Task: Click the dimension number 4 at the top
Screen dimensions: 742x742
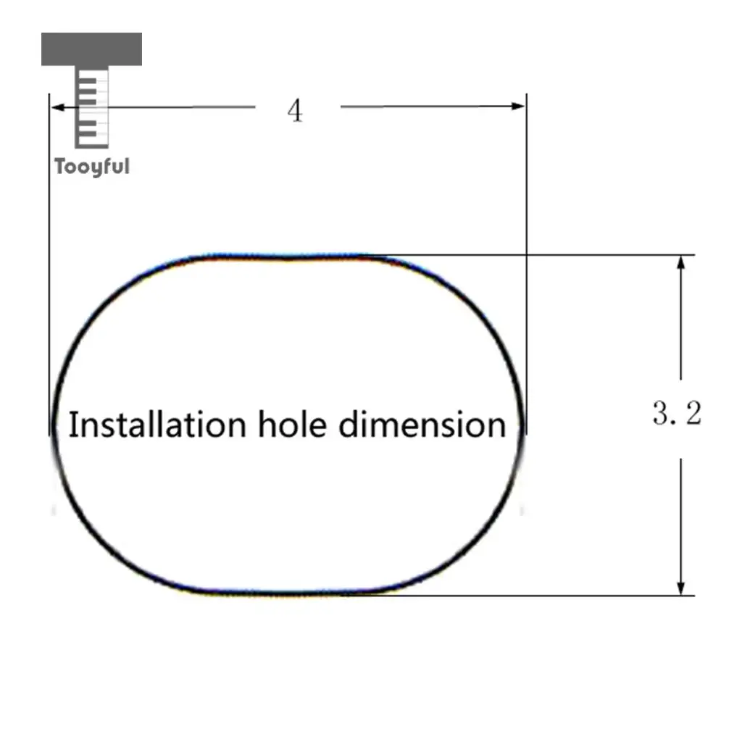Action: [x=295, y=111]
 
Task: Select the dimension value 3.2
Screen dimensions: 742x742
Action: [x=677, y=413]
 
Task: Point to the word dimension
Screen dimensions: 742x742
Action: [x=422, y=424]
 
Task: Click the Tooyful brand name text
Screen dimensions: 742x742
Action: [x=92, y=167]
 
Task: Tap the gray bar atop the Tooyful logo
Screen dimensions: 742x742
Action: [x=91, y=49]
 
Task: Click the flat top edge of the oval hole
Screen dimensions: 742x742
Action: [x=290, y=256]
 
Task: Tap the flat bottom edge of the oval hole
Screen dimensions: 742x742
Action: [x=290, y=593]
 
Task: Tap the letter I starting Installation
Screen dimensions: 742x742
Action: [x=72, y=424]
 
